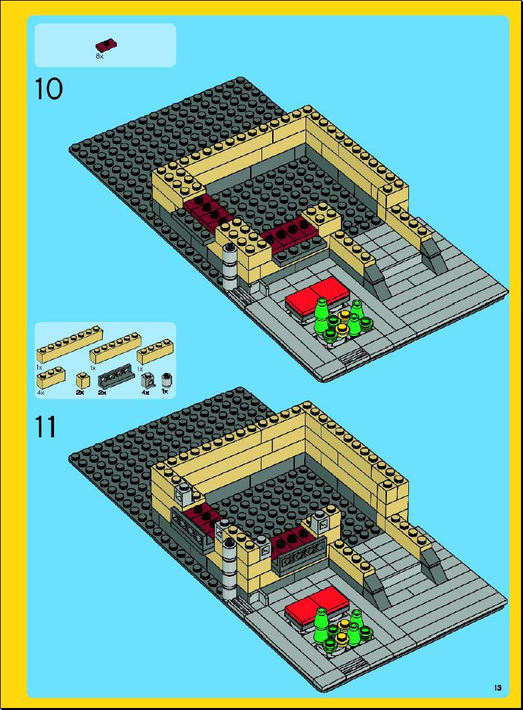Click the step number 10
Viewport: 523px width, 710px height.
click(49, 89)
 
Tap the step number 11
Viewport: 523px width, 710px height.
click(46, 427)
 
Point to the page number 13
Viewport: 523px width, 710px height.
click(498, 688)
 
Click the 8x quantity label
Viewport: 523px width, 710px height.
click(99, 57)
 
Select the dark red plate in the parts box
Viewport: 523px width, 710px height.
click(107, 45)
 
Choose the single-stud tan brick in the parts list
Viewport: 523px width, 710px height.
click(82, 380)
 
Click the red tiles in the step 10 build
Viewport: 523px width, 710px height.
click(319, 296)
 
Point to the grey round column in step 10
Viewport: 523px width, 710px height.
click(230, 267)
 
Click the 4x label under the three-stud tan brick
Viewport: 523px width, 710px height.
click(40, 393)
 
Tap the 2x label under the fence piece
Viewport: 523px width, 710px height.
click(102, 393)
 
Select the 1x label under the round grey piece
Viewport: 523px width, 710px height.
click(165, 391)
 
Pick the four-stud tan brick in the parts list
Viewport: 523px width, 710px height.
click(153, 353)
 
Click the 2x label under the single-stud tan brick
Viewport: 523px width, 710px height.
click(80, 393)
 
